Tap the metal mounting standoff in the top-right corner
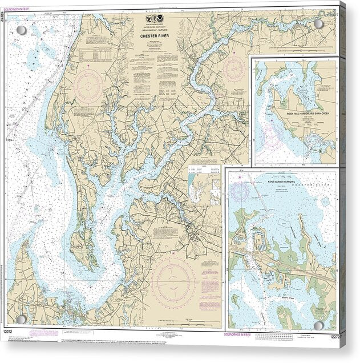(318, 24)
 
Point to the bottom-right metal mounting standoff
(318, 325)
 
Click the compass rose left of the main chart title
(88, 86)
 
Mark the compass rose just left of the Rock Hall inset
(234, 69)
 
